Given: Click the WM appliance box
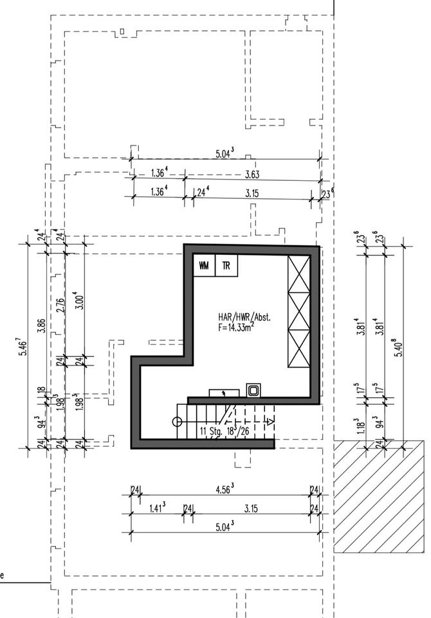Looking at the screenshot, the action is [204, 265].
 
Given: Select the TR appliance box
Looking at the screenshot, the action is [226, 265].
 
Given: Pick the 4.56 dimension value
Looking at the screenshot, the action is [223, 489].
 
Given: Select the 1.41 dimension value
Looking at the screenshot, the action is [157, 508].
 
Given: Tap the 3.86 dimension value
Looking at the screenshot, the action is [41, 325].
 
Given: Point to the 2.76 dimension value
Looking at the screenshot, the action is [59, 304].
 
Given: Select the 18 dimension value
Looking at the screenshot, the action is [41, 390].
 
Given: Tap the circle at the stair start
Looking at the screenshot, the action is [177, 422].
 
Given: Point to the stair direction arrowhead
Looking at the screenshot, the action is [270, 421].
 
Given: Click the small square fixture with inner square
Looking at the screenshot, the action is [253, 390].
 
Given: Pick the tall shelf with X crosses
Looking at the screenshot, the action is [299, 311].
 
